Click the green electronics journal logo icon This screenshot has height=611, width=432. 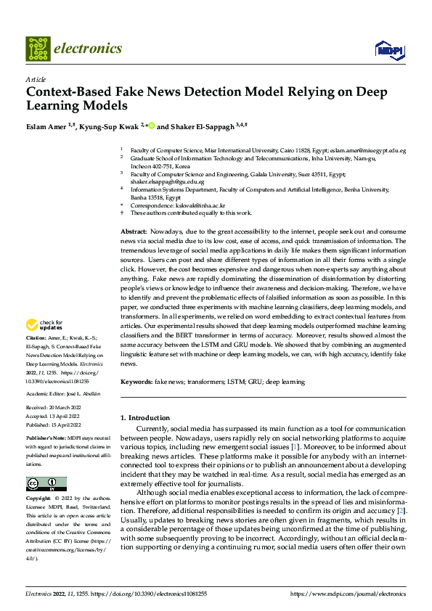pos(36,49)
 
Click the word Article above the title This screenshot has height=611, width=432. pos(35,79)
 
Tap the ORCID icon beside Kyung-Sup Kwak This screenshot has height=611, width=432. pos(151,126)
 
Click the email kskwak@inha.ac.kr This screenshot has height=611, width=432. pos(182,205)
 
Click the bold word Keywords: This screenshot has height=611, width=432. pos(136,382)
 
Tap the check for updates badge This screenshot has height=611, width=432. pos(45,324)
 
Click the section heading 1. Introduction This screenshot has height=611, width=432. pos(144,418)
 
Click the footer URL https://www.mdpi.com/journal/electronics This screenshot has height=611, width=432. pos(348,594)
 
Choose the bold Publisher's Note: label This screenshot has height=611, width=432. pos(47,440)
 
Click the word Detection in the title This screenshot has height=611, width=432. pos(214,92)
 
